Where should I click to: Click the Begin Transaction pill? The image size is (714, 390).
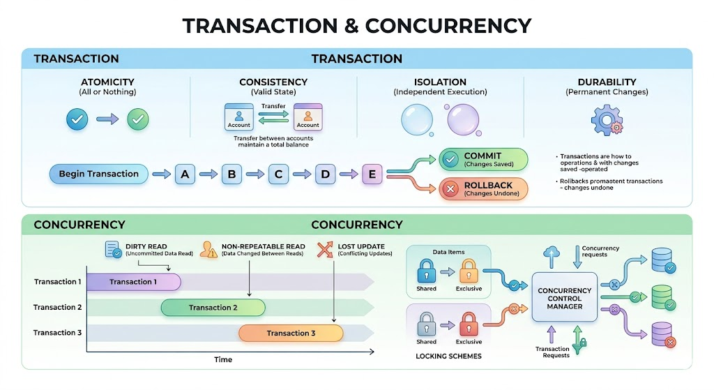pos(98,174)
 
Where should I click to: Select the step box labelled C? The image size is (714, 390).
pos(278,174)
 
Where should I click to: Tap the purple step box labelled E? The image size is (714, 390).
pos(372,174)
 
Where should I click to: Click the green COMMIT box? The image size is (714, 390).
pos(483,159)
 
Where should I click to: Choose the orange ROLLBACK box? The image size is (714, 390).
pos(483,189)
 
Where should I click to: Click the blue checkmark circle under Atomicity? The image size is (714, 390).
pos(77,120)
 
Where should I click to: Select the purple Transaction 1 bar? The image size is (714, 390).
pos(133,282)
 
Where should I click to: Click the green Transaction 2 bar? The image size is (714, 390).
pos(213,308)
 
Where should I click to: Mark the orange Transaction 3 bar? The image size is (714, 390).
pos(291,333)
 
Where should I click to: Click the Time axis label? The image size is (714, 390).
pos(223,359)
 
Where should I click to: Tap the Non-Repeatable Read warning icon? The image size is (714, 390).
pos(208,250)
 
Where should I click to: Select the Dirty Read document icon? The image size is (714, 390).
pos(112,249)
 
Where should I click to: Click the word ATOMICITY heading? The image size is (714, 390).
pos(107,82)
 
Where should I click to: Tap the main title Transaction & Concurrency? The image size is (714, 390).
pos(356,26)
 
